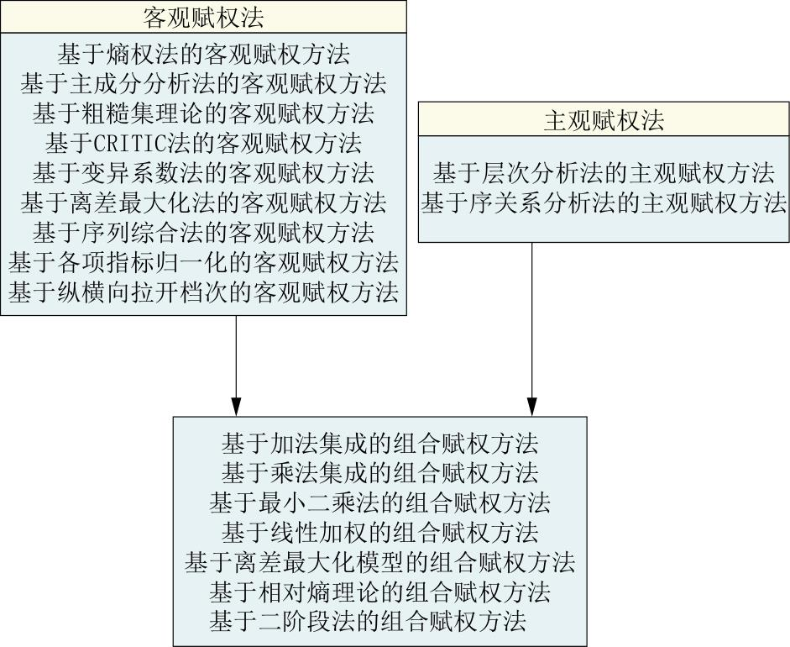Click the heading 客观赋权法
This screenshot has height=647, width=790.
(x=203, y=18)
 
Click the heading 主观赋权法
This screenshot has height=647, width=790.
(x=604, y=120)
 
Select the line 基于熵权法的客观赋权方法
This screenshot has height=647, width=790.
(x=203, y=55)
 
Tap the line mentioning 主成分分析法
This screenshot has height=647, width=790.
(x=203, y=84)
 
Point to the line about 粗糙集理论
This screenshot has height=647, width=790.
(x=203, y=113)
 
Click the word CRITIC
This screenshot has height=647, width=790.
(x=130, y=144)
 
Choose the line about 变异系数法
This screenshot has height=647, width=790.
(x=203, y=173)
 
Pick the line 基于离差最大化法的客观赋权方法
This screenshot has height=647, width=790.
(x=203, y=203)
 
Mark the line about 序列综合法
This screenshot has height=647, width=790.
(x=203, y=233)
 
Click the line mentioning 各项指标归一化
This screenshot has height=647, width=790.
(x=203, y=262)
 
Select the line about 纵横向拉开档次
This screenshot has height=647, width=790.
(x=203, y=292)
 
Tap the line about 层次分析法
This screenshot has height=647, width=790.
(x=604, y=173)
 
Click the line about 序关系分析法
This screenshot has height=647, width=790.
(x=604, y=203)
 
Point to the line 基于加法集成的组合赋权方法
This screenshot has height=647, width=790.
(x=379, y=444)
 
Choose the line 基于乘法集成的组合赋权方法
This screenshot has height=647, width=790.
(x=379, y=473)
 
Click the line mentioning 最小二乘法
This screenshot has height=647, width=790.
(x=379, y=502)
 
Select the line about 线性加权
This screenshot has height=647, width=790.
(x=379, y=532)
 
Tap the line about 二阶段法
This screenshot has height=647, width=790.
(x=368, y=621)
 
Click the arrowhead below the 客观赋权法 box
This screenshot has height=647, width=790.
(x=236, y=407)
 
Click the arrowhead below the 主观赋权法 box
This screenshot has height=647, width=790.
(x=532, y=407)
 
